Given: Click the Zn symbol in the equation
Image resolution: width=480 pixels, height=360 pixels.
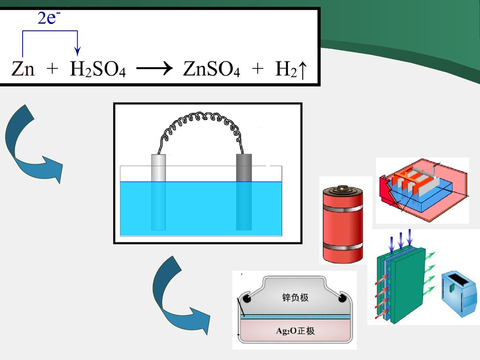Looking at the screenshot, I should pyautogui.click(x=23, y=70).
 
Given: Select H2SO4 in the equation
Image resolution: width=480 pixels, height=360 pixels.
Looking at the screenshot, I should pyautogui.click(x=97, y=70).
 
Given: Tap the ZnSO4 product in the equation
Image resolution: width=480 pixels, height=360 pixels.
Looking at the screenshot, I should pyautogui.click(x=211, y=70).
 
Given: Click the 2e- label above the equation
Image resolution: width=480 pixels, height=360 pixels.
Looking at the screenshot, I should pyautogui.click(x=49, y=19).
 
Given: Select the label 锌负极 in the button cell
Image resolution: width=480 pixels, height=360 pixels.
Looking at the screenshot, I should pyautogui.click(x=295, y=297).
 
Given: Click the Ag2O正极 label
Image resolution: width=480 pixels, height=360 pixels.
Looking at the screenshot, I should pyautogui.click(x=295, y=331).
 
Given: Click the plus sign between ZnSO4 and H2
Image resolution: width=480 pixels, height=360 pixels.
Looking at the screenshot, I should pyautogui.click(x=258, y=70).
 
